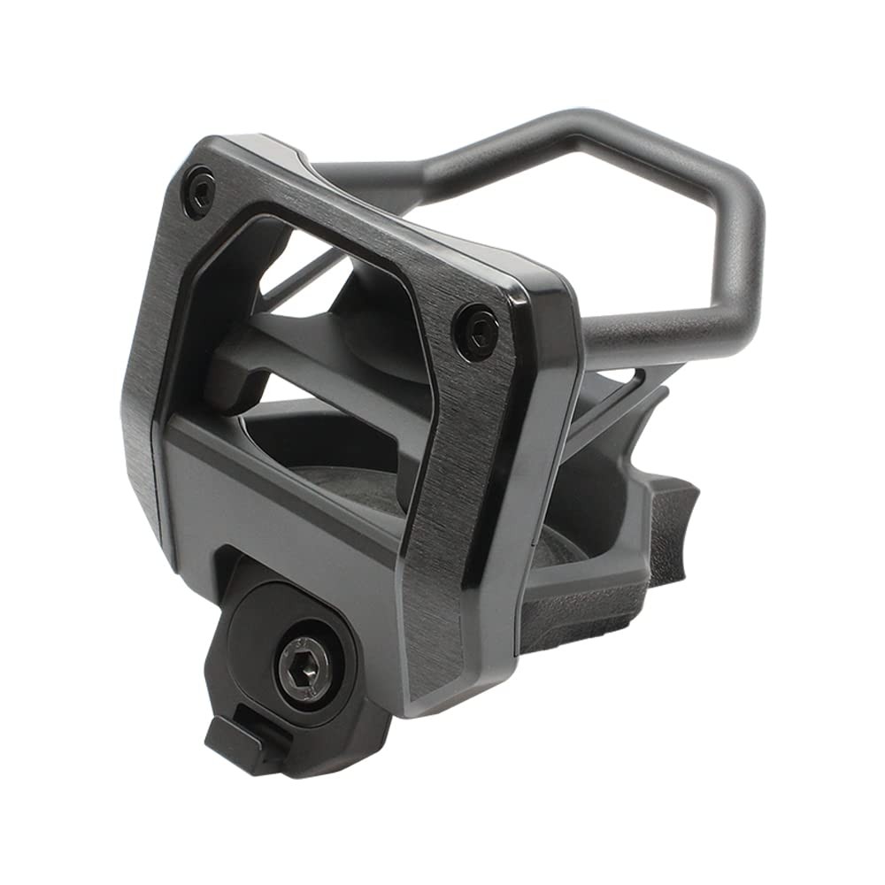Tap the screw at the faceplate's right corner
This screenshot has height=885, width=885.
click(x=479, y=330)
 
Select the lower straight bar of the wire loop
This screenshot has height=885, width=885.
click(x=655, y=332)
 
